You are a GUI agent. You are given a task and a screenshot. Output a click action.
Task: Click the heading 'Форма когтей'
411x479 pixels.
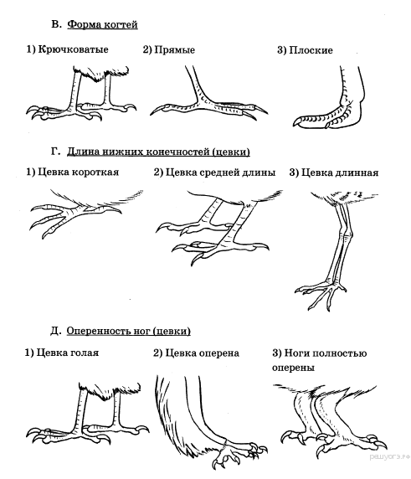coord(102,24)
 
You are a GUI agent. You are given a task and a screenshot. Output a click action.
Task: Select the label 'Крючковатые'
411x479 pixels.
coord(73,49)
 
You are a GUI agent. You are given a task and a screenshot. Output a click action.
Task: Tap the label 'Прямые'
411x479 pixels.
coord(175,49)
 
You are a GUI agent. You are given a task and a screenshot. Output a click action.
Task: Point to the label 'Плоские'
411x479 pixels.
coord(311,50)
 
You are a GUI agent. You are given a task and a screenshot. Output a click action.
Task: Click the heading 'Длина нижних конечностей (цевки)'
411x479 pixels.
coord(158,152)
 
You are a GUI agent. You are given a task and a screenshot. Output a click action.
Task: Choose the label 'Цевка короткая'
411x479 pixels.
coord(78,173)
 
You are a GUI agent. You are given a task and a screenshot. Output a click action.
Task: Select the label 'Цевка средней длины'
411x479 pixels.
coord(220,173)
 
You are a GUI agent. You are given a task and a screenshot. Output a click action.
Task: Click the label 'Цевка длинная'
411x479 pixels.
coord(340,173)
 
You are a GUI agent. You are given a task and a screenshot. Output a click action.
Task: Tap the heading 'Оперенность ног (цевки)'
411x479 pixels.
coord(129,331)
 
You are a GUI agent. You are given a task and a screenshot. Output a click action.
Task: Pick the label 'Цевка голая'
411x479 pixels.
coord(68,353)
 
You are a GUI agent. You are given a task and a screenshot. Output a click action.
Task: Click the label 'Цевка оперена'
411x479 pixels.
coord(202,353)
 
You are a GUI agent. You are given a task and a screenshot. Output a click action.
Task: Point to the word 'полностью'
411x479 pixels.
coord(340,353)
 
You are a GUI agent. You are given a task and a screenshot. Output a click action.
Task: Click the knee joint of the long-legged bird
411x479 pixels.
coord(346,234)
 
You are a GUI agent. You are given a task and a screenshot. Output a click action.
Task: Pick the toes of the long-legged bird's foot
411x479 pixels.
coord(321,294)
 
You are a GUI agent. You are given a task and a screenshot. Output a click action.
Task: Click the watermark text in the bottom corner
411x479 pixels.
coord(389,456)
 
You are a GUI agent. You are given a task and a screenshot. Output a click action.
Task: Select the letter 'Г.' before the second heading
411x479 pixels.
coord(55,152)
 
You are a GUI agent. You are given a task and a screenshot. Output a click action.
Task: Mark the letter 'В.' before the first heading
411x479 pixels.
coord(56,23)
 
